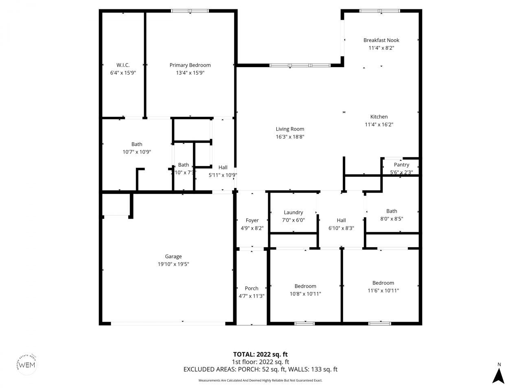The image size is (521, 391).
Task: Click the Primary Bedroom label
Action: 190,65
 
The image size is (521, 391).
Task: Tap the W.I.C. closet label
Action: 123,65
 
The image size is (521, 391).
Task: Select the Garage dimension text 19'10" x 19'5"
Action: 173,264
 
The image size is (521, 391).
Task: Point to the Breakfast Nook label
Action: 381,40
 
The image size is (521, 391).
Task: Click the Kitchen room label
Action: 379,117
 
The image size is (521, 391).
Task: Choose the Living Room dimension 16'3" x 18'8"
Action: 290,137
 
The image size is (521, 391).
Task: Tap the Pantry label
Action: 401,165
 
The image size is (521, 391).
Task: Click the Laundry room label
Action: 293,213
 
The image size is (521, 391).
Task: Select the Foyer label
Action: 252,221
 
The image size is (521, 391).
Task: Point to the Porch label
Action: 252,288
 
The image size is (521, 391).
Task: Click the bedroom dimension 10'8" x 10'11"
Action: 305,294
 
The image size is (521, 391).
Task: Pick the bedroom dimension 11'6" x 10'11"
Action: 383,290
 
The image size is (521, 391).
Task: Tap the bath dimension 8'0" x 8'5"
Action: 392,219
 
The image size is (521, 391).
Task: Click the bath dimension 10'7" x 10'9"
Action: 137,152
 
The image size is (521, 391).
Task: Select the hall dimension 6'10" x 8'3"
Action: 341,228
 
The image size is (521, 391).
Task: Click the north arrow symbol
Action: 498,375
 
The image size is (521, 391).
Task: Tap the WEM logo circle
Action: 28,364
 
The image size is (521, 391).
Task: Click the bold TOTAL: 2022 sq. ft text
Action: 260,354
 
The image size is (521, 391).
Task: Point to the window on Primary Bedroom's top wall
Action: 190,11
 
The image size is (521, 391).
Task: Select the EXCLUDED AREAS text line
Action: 260,369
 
